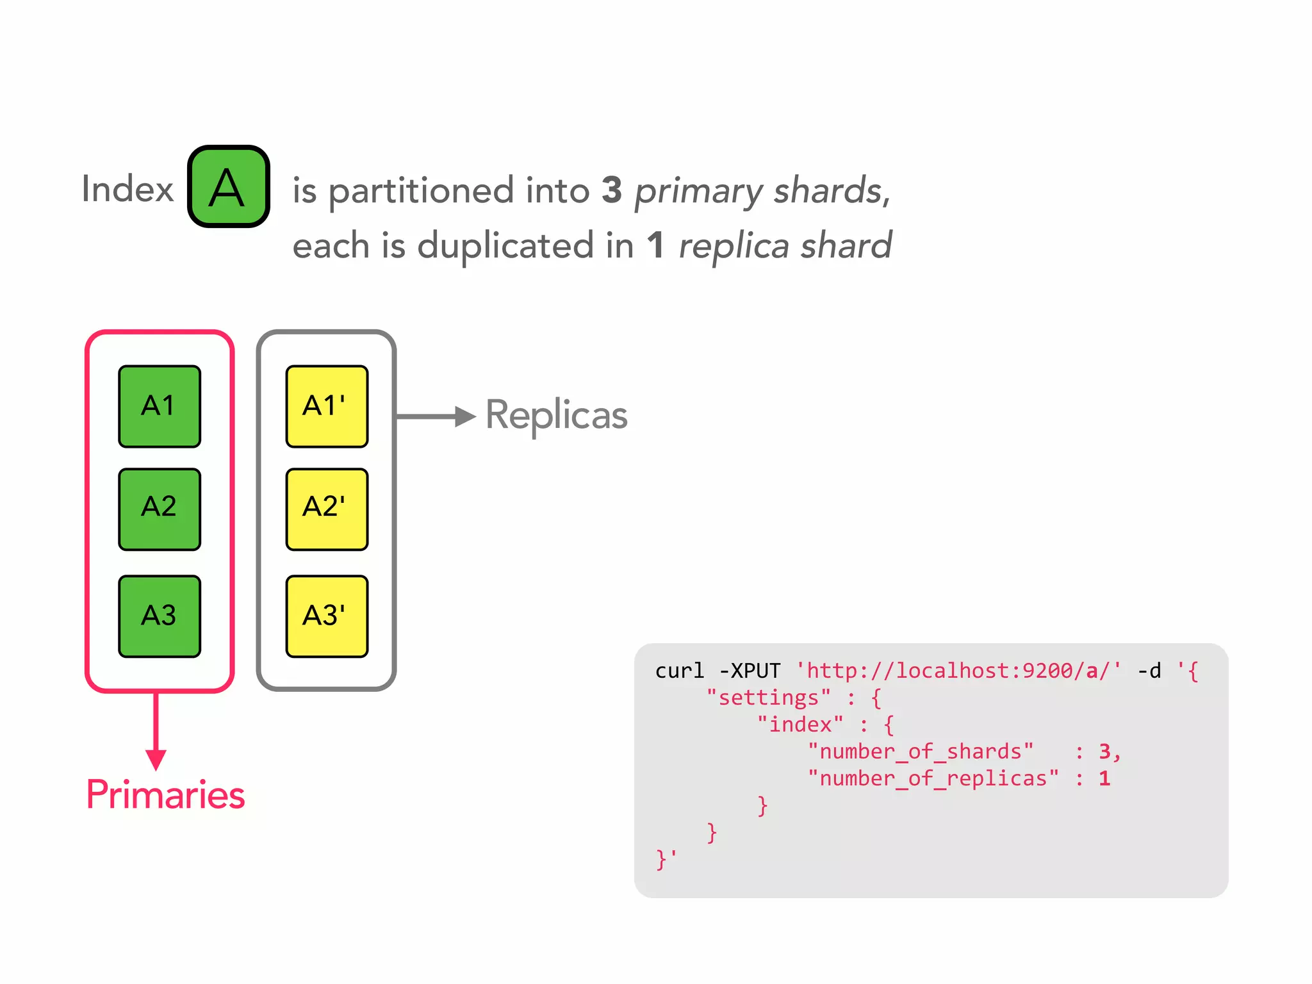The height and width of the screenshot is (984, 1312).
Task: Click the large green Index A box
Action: click(228, 186)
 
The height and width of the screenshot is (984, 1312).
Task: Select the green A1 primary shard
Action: click(160, 406)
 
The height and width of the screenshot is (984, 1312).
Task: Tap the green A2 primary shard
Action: click(160, 509)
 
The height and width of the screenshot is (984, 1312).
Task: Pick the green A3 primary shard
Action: click(160, 616)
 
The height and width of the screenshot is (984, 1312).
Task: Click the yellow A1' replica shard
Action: click(327, 406)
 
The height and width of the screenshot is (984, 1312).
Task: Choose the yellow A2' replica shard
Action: click(327, 509)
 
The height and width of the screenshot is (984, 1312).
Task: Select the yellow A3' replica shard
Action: click(327, 616)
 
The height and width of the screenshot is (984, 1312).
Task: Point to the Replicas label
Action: click(556, 415)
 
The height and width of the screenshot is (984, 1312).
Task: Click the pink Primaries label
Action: click(165, 795)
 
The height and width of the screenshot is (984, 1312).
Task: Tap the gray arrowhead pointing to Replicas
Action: click(464, 416)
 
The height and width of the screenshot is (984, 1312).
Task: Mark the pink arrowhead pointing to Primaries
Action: click(156, 759)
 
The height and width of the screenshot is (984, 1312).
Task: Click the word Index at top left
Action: click(127, 189)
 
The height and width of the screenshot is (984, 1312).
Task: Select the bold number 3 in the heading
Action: click(612, 190)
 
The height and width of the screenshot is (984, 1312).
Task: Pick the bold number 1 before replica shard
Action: click(655, 245)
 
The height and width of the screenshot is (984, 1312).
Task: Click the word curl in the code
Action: click(679, 671)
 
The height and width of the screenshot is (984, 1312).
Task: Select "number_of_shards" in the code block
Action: click(921, 751)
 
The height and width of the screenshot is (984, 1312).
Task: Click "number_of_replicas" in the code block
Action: click(933, 778)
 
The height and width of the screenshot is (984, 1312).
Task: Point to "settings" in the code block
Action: click(768, 698)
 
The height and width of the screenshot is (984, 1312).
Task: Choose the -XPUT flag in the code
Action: click(750, 671)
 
